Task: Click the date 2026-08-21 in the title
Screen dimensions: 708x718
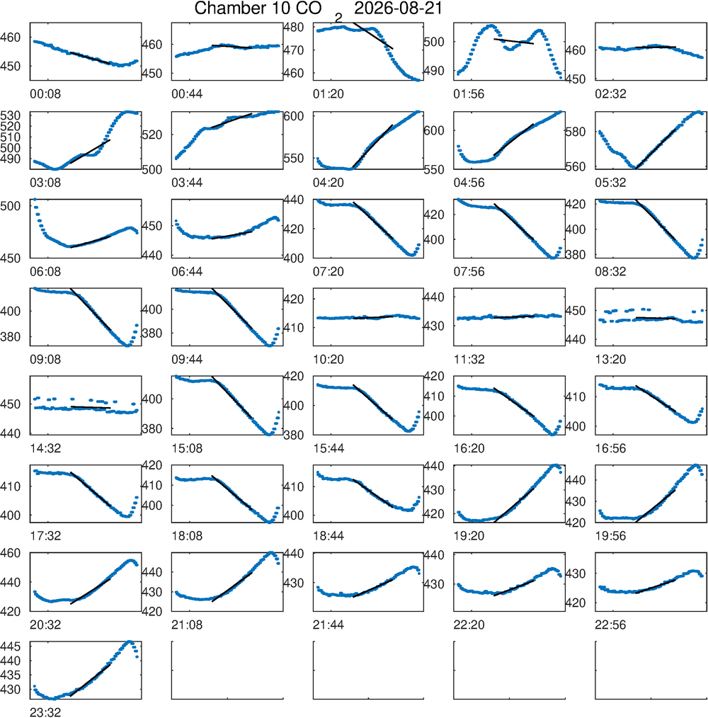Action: click(x=398, y=8)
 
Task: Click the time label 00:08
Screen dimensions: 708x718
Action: click(x=45, y=94)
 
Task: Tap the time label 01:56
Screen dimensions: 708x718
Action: click(x=469, y=94)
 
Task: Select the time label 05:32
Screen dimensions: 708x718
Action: click(x=610, y=183)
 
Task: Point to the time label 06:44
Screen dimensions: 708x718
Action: click(x=187, y=271)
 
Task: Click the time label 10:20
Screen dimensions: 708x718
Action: click(x=329, y=360)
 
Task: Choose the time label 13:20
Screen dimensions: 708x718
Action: click(x=610, y=360)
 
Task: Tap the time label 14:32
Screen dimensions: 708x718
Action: click(x=45, y=448)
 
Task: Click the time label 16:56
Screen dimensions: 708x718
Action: click(x=610, y=448)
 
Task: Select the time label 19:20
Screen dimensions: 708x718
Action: click(x=469, y=536)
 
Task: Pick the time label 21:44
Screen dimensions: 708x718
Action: click(x=329, y=625)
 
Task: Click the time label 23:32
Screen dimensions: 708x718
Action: click(x=45, y=712)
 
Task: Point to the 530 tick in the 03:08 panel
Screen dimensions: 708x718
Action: click(x=10, y=115)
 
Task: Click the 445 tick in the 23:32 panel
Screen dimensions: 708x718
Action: click(x=10, y=646)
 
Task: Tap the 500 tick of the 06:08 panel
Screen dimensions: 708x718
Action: click(x=10, y=206)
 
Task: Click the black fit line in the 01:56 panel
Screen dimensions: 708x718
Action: click(x=513, y=41)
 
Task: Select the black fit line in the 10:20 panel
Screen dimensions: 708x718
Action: click(x=373, y=317)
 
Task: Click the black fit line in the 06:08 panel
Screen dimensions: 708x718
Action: click(x=90, y=241)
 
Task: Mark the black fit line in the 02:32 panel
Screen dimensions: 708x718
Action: click(x=656, y=47)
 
